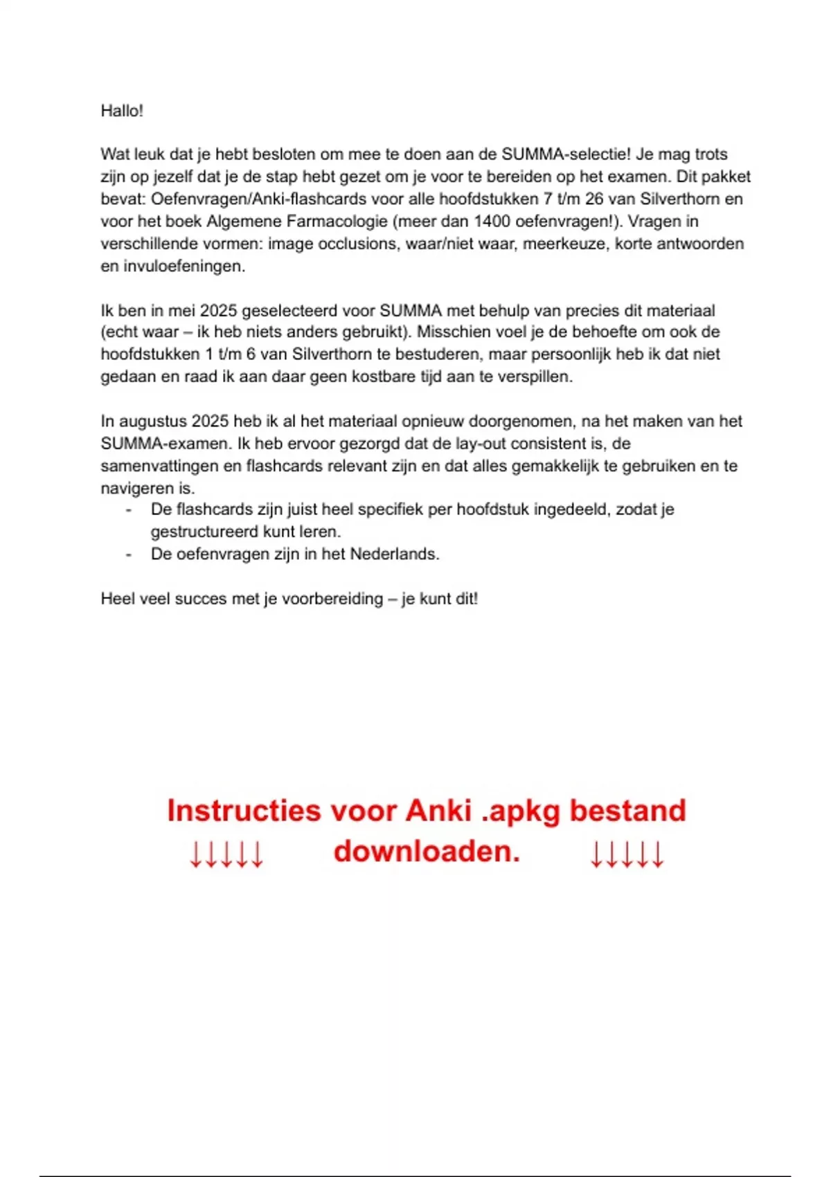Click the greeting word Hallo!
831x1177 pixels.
[x=122, y=111]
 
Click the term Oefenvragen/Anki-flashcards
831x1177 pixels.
[x=258, y=199]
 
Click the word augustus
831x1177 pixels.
[x=152, y=422]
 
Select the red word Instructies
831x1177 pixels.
[x=244, y=811]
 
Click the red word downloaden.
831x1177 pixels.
[x=427, y=851]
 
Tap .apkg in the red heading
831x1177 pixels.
[x=520, y=811]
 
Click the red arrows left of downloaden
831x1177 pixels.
[x=226, y=855]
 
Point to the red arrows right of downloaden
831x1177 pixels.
[x=627, y=855]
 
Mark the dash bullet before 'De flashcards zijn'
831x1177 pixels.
[x=128, y=510]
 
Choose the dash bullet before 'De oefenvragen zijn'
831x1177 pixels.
[x=128, y=555]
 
